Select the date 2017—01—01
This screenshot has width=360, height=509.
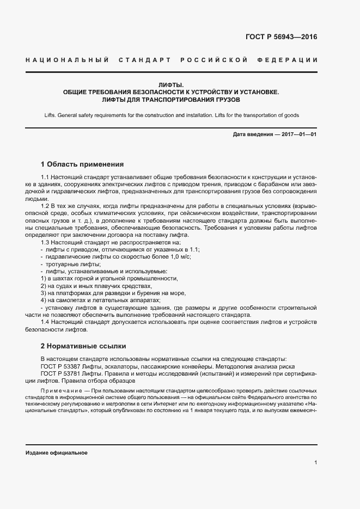pyautogui.click(x=298, y=134)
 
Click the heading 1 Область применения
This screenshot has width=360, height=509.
pyautogui.click(x=82, y=164)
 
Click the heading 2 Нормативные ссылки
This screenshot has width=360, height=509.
pyautogui.click(x=83, y=346)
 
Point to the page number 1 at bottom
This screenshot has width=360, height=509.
pyautogui.click(x=315, y=462)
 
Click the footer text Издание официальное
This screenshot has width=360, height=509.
pyautogui.click(x=57, y=453)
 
